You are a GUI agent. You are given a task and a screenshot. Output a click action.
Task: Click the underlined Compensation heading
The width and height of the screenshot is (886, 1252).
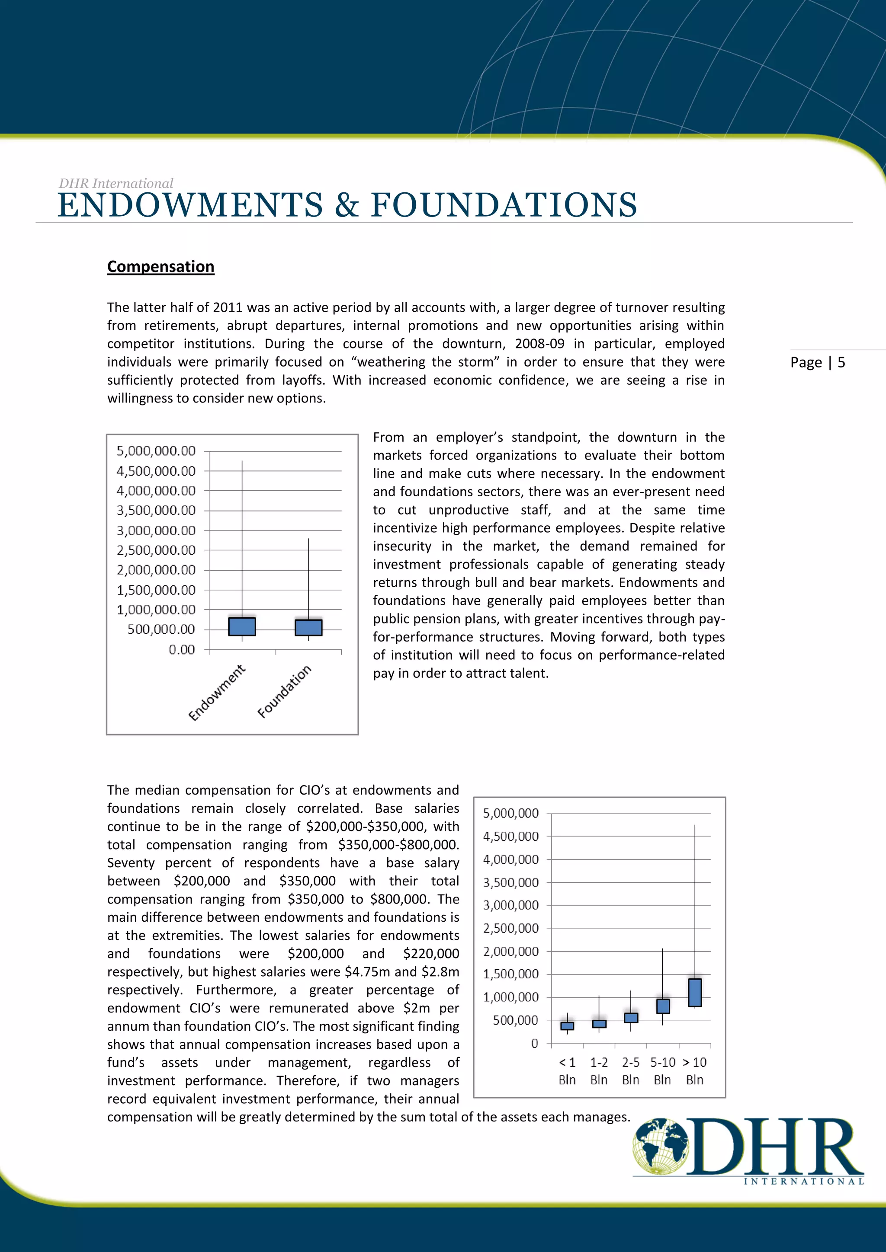pos(161,267)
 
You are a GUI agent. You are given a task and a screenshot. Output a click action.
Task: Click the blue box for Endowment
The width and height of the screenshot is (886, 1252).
pos(242,626)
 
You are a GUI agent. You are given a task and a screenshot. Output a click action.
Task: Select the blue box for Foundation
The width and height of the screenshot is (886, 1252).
pos(308,628)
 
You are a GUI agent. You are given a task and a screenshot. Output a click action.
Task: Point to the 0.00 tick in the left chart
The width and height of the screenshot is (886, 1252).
pos(181,649)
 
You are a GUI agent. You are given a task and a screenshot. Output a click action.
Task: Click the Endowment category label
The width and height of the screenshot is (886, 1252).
pos(217,693)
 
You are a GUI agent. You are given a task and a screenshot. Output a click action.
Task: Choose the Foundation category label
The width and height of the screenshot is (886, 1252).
pos(284,691)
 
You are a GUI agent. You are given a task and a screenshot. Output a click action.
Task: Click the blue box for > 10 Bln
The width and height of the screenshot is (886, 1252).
pos(694,993)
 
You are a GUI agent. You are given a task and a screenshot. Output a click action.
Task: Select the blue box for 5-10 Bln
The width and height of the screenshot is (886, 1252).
pos(663,1006)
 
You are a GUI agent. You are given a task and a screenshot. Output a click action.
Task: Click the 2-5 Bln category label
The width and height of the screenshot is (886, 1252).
pos(631,1071)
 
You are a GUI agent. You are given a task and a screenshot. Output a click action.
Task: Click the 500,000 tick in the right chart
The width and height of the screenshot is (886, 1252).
pos(515,1020)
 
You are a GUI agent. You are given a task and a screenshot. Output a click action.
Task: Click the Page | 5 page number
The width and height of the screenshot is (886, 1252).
pos(817,363)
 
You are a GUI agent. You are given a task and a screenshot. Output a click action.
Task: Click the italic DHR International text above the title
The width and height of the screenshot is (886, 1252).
pos(116,183)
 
